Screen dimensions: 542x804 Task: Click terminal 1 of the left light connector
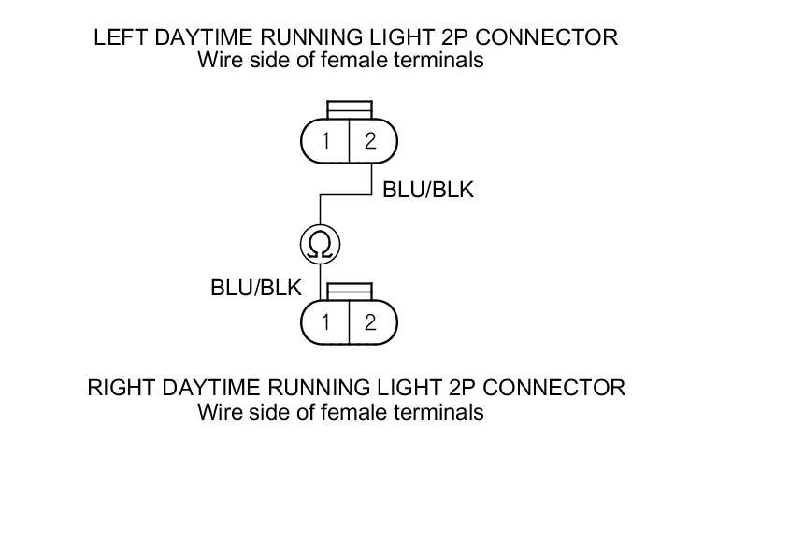pyautogui.click(x=325, y=141)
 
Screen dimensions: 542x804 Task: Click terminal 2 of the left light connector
pyautogui.click(x=371, y=141)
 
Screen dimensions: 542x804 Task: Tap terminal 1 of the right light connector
pyautogui.click(x=325, y=322)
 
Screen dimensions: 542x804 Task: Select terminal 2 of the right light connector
pyautogui.click(x=371, y=322)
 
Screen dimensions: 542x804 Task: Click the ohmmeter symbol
pyautogui.click(x=320, y=246)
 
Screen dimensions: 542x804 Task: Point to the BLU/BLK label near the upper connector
pyautogui.click(x=428, y=190)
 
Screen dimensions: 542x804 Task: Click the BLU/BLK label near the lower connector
pyautogui.click(x=256, y=288)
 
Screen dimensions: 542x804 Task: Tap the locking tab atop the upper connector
pyautogui.click(x=349, y=109)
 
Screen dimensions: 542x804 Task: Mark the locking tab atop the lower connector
pyautogui.click(x=349, y=291)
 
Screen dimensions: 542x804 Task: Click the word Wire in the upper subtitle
pyautogui.click(x=217, y=61)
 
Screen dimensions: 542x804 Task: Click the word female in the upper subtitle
pyautogui.click(x=355, y=61)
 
